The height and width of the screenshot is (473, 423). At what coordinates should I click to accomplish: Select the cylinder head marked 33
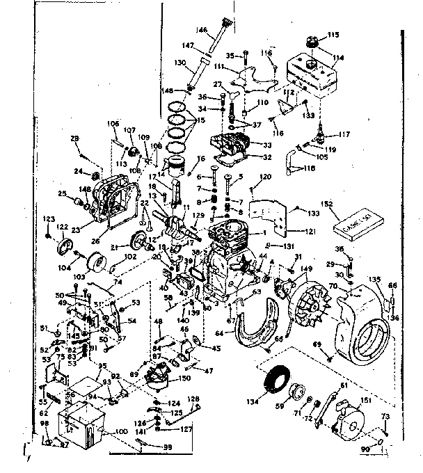(233, 149)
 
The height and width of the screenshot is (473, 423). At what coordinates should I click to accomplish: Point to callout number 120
(264, 177)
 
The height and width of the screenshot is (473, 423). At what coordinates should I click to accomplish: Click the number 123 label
(48, 220)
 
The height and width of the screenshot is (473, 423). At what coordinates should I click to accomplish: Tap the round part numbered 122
(66, 247)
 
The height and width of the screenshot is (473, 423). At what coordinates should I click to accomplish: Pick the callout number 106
(113, 124)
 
